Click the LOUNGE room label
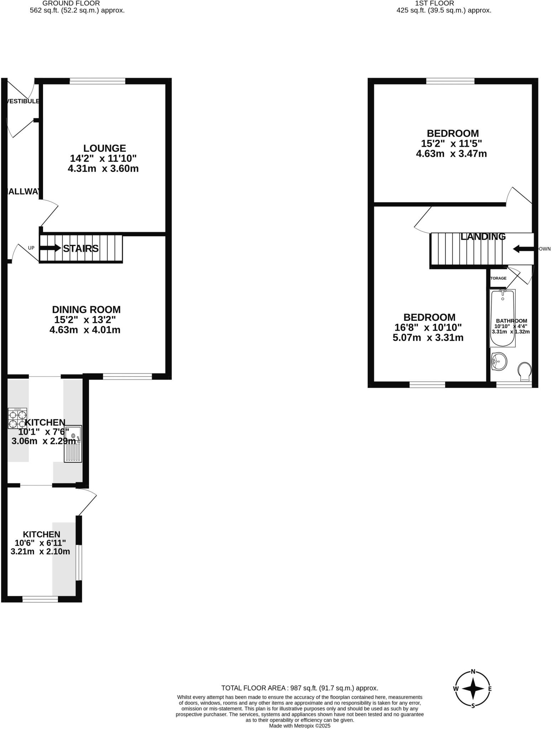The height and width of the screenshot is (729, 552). (105, 148)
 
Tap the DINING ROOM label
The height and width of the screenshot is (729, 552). (86, 309)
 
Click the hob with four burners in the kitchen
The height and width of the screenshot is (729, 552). (17, 418)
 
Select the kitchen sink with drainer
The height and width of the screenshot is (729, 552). (73, 444)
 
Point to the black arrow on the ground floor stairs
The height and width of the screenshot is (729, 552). (50, 248)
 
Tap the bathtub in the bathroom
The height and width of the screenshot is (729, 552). (503, 318)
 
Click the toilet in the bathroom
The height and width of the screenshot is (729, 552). (524, 371)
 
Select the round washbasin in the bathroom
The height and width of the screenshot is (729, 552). (499, 362)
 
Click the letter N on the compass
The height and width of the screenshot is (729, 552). (473, 672)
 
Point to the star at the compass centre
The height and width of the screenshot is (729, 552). (473, 688)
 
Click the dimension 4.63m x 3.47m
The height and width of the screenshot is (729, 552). (451, 154)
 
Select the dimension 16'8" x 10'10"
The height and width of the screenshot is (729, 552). (428, 327)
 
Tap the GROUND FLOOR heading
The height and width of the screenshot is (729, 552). (71, 3)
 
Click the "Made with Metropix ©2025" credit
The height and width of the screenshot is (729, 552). (300, 725)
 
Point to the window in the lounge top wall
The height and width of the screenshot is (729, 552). (98, 81)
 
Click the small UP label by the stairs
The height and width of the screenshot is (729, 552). (31, 248)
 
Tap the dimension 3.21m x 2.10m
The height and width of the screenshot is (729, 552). (40, 551)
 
